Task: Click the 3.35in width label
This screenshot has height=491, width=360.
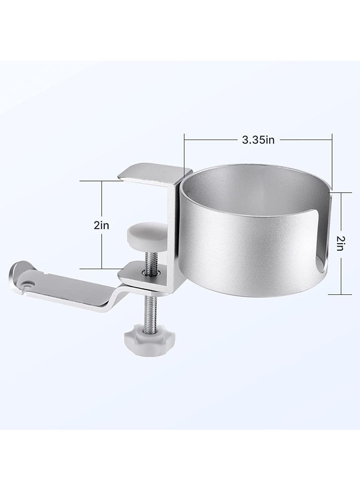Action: pyautogui.click(x=258, y=140)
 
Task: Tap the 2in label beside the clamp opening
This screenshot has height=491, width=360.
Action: pyautogui.click(x=101, y=225)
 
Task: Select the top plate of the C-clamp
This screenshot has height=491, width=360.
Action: pyautogui.click(x=153, y=172)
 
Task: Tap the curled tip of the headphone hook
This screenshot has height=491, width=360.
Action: pyautogui.click(x=18, y=270)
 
